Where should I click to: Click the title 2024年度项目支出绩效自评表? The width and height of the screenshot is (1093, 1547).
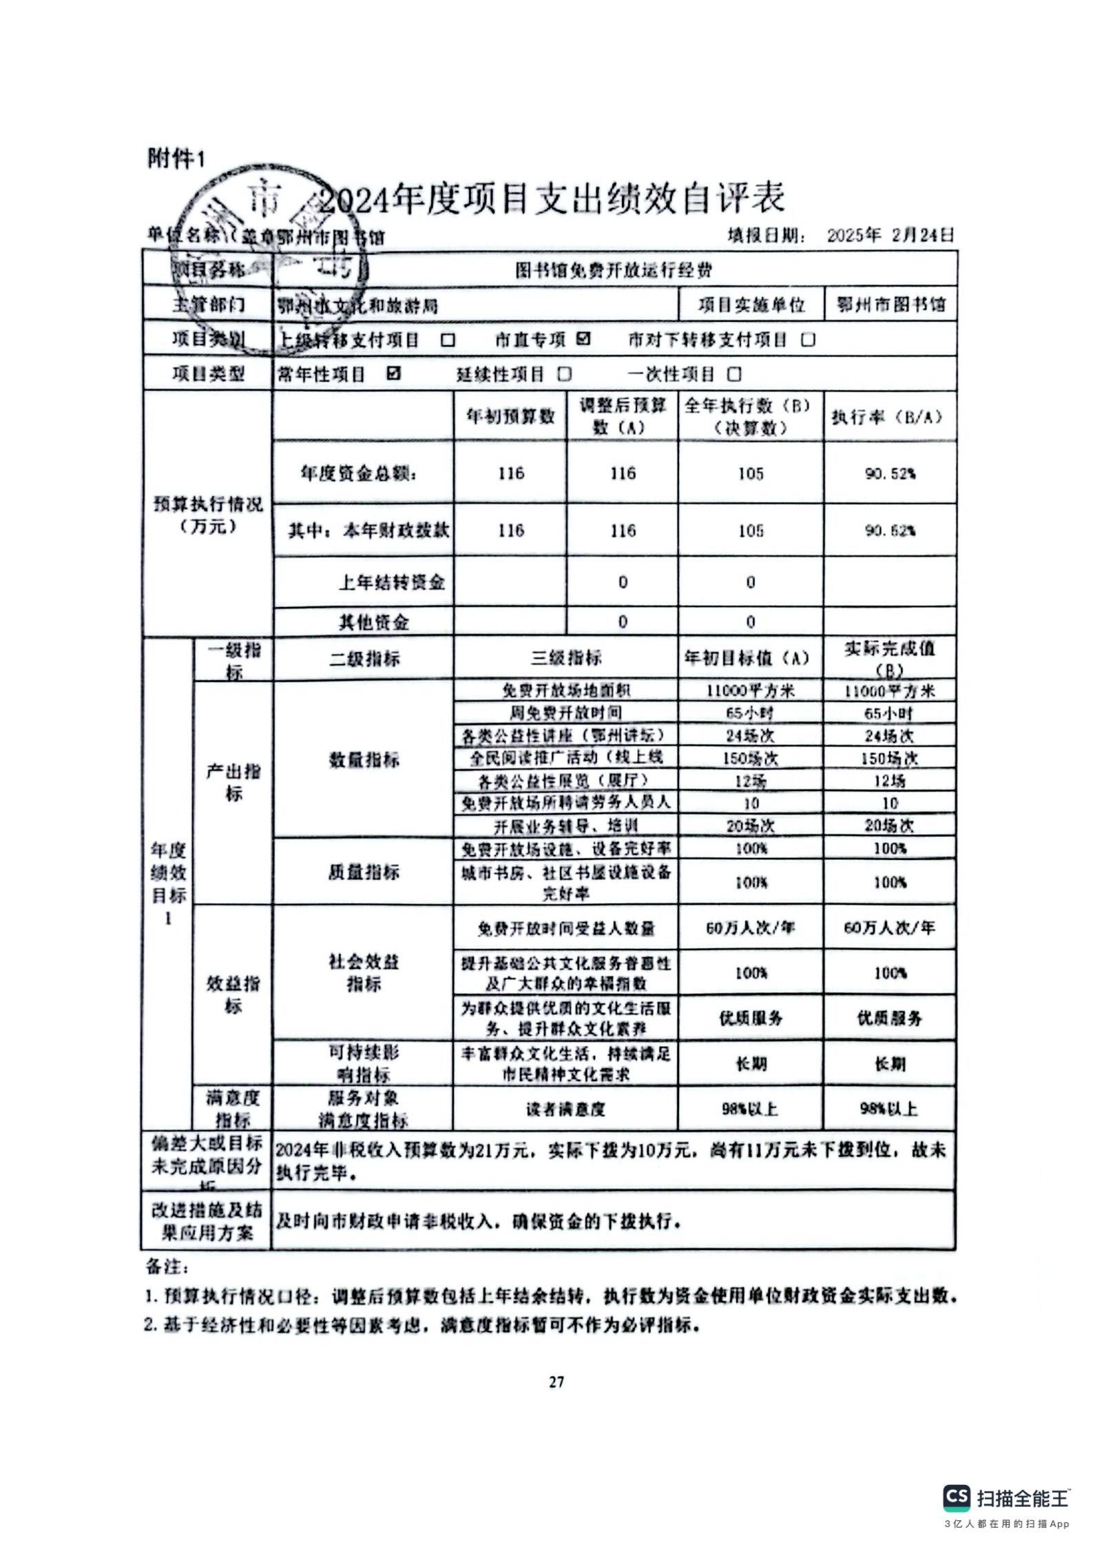pyautogui.click(x=551, y=199)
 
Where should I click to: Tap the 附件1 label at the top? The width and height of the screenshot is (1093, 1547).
pyautogui.click(x=176, y=159)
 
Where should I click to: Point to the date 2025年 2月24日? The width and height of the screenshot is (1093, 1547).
pyautogui.click(x=890, y=235)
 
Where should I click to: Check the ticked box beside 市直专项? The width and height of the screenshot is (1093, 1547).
pyautogui.click(x=583, y=339)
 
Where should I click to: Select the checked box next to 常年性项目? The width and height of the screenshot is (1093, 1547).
pyautogui.click(x=394, y=373)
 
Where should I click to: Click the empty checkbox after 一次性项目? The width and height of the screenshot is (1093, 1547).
pyautogui.click(x=735, y=374)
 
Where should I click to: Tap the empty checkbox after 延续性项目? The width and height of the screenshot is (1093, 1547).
pyautogui.click(x=565, y=374)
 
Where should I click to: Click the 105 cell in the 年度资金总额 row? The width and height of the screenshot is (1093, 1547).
pyautogui.click(x=750, y=473)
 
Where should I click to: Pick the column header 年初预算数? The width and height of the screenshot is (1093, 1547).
pyautogui.click(x=510, y=416)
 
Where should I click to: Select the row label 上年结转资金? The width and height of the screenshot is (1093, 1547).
pyautogui.click(x=391, y=583)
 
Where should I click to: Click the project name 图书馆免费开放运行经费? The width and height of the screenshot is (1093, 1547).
pyautogui.click(x=614, y=270)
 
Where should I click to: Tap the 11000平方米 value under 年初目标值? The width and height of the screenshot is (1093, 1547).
pyautogui.click(x=750, y=690)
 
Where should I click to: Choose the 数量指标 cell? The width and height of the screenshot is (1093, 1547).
pyautogui.click(x=364, y=759)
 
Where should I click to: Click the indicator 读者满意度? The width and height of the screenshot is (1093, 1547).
pyautogui.click(x=565, y=1109)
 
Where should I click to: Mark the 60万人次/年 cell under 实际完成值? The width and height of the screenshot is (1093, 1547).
pyautogui.click(x=889, y=928)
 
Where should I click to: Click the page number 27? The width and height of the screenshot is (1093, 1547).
pyautogui.click(x=556, y=1382)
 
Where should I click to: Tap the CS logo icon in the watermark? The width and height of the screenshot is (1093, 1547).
pyautogui.click(x=956, y=1497)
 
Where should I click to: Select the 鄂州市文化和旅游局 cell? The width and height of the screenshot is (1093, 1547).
pyautogui.click(x=358, y=305)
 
